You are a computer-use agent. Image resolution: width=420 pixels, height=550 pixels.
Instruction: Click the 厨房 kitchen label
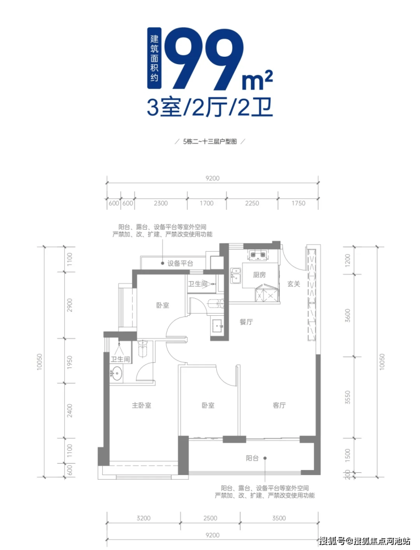tap(259, 274)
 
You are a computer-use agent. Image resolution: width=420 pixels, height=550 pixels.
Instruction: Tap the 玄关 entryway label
tap(293, 284)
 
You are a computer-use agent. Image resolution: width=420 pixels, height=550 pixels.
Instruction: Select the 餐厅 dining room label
tap(246, 321)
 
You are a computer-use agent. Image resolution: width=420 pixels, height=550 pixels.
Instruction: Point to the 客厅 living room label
tap(279, 405)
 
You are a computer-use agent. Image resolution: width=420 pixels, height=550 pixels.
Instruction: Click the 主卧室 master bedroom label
tap(141, 405)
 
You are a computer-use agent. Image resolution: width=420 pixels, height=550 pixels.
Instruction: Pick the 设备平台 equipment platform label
tap(180, 263)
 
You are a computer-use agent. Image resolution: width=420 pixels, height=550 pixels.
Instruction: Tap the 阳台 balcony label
tap(252, 458)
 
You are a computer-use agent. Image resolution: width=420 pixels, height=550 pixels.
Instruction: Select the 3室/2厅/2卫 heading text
tap(209, 107)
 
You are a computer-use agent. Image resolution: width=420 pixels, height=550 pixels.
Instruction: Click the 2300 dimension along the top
tap(161, 203)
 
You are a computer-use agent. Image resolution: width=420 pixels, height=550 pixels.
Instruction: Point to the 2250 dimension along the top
tap(252, 203)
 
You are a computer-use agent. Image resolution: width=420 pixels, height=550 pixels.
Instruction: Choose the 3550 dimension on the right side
tap(348, 397)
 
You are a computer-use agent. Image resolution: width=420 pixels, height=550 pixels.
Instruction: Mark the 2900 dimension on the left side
tap(70, 305)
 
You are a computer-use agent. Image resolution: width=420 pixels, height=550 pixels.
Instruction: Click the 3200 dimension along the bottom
tap(143, 518)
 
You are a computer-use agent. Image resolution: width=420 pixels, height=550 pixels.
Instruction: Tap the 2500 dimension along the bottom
tap(210, 518)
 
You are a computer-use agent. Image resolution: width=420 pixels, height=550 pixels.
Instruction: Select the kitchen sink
tap(236, 275)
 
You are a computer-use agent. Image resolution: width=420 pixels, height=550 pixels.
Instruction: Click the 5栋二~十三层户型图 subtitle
tap(210, 142)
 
